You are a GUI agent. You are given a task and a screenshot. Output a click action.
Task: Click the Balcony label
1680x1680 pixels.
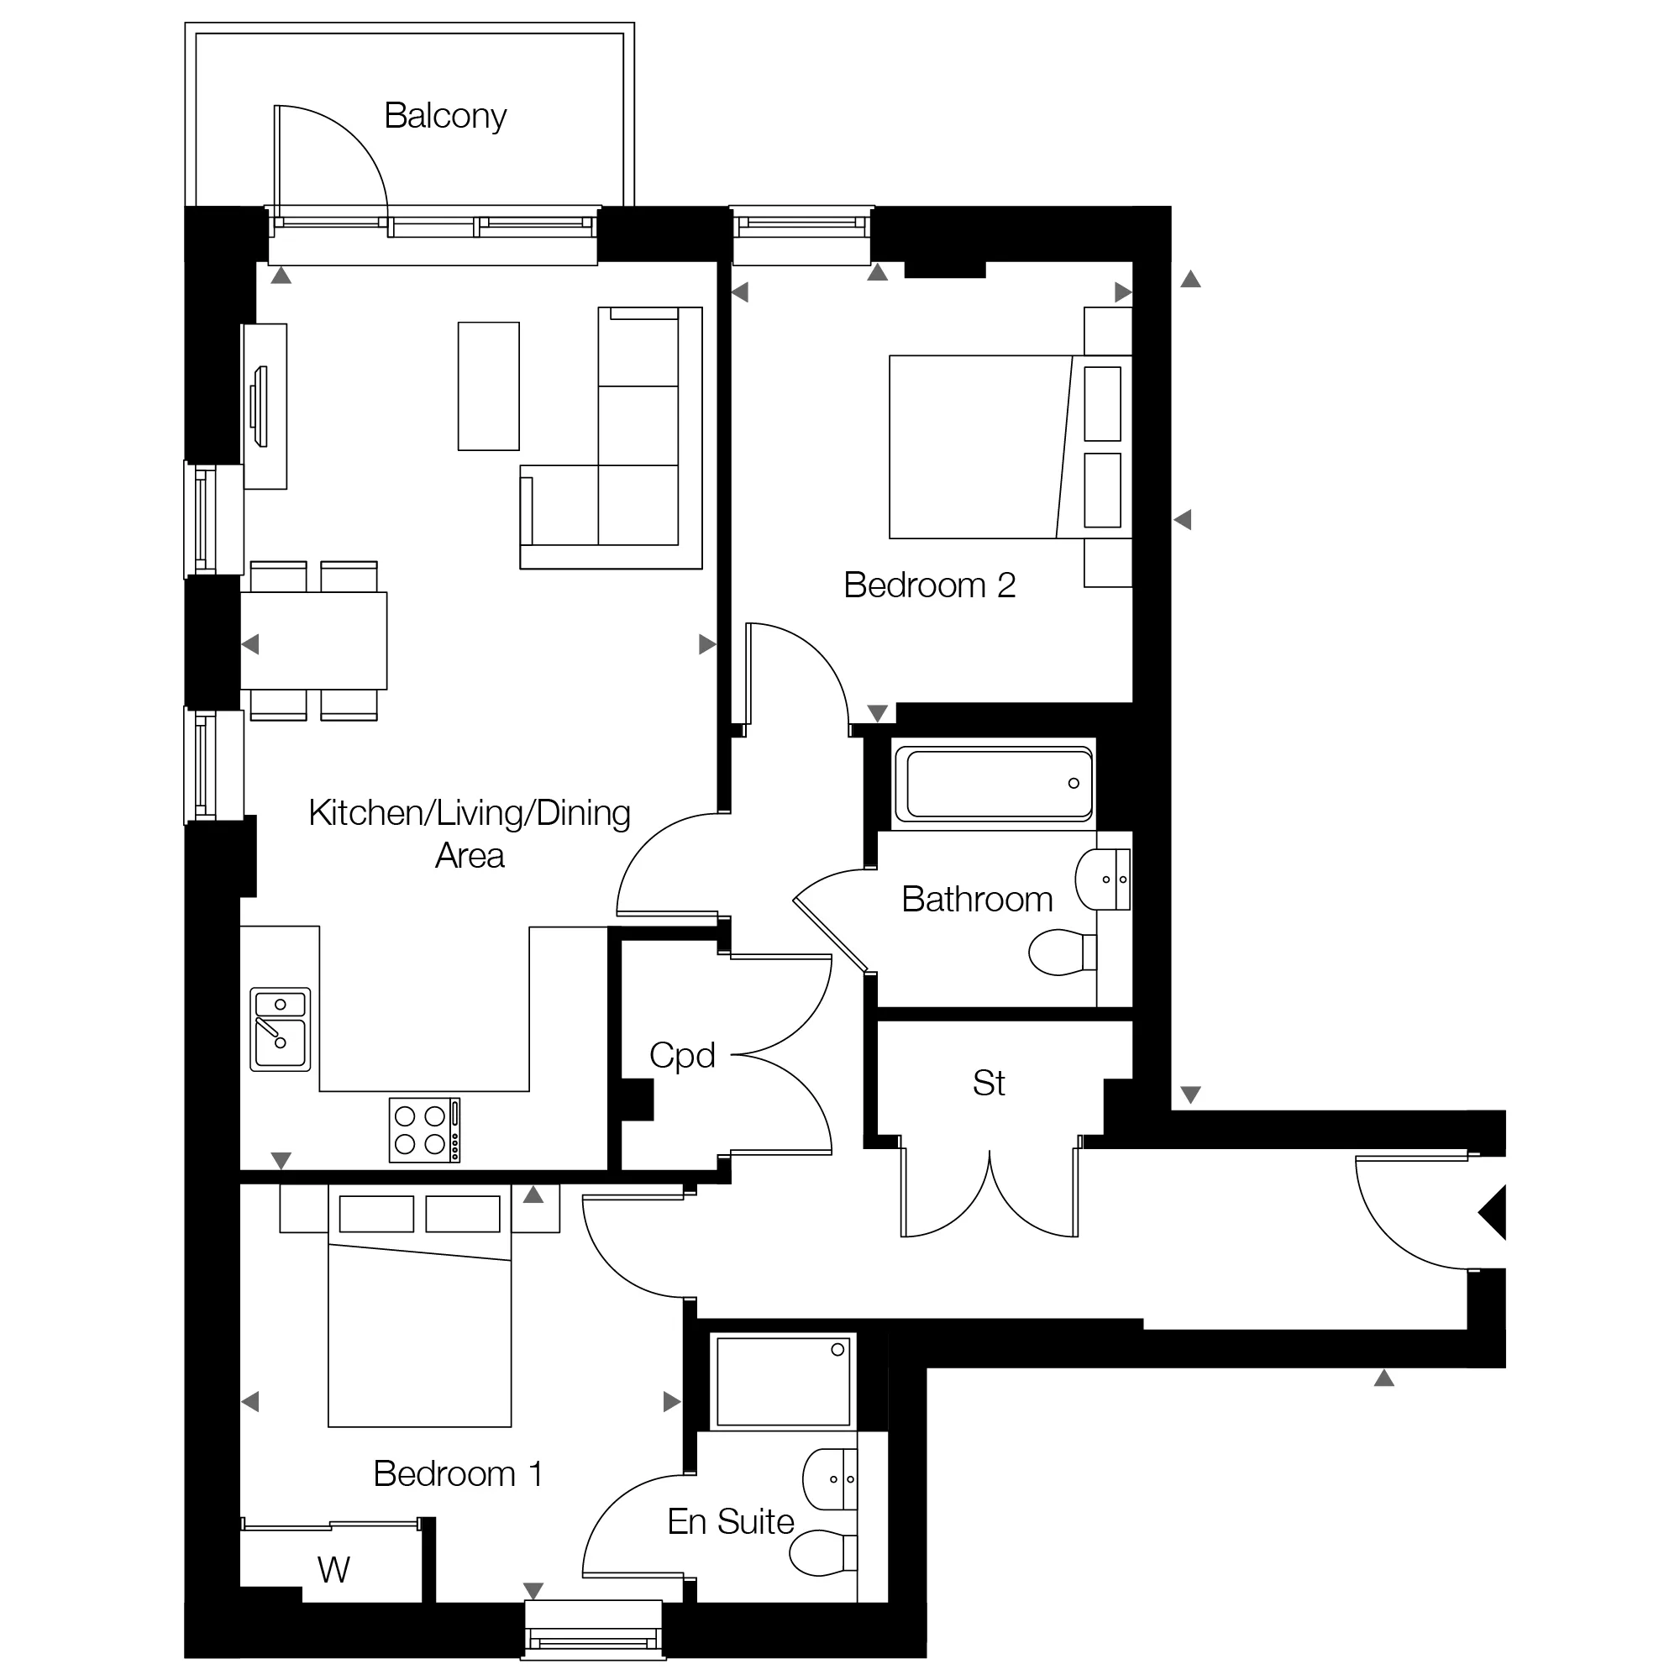click(445, 117)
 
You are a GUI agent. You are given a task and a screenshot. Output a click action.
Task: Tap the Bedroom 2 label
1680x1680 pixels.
click(930, 585)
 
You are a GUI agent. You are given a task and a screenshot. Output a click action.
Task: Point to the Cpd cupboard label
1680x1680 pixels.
click(683, 1056)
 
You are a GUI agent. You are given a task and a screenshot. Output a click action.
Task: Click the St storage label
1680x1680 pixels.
click(989, 1084)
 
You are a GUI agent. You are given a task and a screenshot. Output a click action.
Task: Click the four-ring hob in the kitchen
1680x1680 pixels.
click(424, 1130)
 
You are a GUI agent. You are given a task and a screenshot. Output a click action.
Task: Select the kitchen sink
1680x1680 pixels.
click(280, 1029)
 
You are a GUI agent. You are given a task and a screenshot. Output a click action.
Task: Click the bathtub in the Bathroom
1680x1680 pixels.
click(994, 784)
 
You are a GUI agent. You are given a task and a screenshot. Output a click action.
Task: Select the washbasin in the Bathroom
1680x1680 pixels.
click(1103, 879)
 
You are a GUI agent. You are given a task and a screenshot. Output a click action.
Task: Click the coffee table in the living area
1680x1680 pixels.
click(489, 386)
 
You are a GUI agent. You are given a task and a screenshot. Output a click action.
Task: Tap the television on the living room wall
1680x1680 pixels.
click(259, 407)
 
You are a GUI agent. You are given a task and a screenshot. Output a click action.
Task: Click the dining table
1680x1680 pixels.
click(314, 641)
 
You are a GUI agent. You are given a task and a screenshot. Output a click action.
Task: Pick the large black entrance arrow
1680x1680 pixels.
click(1492, 1211)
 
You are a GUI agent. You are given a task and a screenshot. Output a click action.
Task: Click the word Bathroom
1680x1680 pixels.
click(978, 899)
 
